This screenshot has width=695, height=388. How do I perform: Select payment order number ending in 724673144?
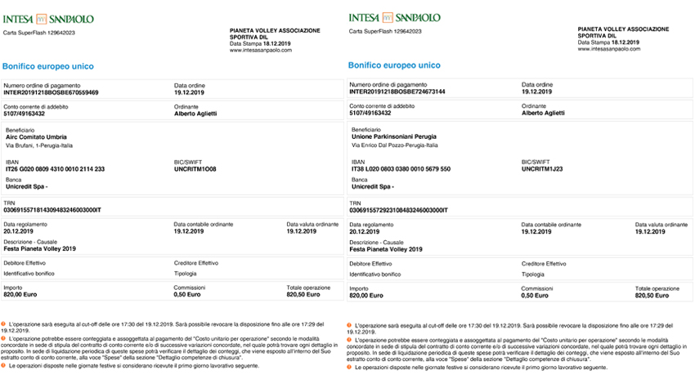click(x=397, y=91)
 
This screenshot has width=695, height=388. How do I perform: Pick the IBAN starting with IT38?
click(x=401, y=169)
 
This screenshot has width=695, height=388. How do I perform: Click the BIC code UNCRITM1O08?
click(x=195, y=169)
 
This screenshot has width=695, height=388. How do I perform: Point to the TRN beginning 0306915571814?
click(x=53, y=210)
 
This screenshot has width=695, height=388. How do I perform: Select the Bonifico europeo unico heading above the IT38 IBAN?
click(x=394, y=65)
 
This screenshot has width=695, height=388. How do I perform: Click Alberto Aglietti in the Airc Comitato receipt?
click(x=197, y=114)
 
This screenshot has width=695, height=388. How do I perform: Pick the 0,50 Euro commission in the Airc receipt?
click(x=188, y=295)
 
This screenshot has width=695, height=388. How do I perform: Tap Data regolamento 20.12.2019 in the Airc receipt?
click(x=20, y=231)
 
